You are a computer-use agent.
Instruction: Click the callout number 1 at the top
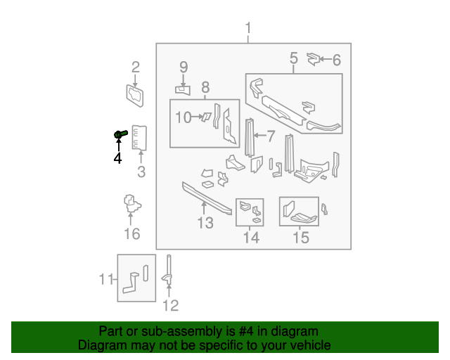tap(248, 28)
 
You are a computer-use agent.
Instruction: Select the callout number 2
tap(136, 67)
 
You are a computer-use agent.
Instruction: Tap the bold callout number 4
tap(117, 159)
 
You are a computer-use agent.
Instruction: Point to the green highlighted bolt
tap(120, 133)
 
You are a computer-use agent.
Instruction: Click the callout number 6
tap(336, 60)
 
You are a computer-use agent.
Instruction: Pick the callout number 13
tap(205, 224)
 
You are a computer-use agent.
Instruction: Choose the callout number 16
tap(132, 234)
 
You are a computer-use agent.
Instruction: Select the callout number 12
tap(171, 305)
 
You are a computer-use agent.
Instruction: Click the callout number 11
tap(105, 280)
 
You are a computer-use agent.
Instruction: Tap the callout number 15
tap(300, 238)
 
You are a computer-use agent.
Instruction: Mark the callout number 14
tap(251, 238)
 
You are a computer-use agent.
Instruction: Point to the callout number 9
tap(184, 67)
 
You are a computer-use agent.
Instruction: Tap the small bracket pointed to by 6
tap(314, 59)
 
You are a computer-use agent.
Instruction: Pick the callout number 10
tap(183, 117)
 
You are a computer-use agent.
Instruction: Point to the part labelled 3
tap(140, 138)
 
